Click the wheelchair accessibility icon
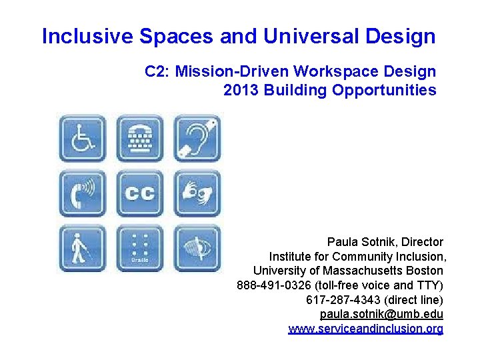pos(82,138)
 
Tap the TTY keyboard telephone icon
pos(139,138)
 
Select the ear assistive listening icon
pos(197,138)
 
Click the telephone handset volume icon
pos(82,193)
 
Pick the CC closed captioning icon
pos(139,193)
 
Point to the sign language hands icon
pos(197,193)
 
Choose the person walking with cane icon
pos(82,248)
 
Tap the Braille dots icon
pos(139,248)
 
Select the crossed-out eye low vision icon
pos(197,248)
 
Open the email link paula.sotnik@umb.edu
pos(381,314)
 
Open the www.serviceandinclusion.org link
pos(365,329)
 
